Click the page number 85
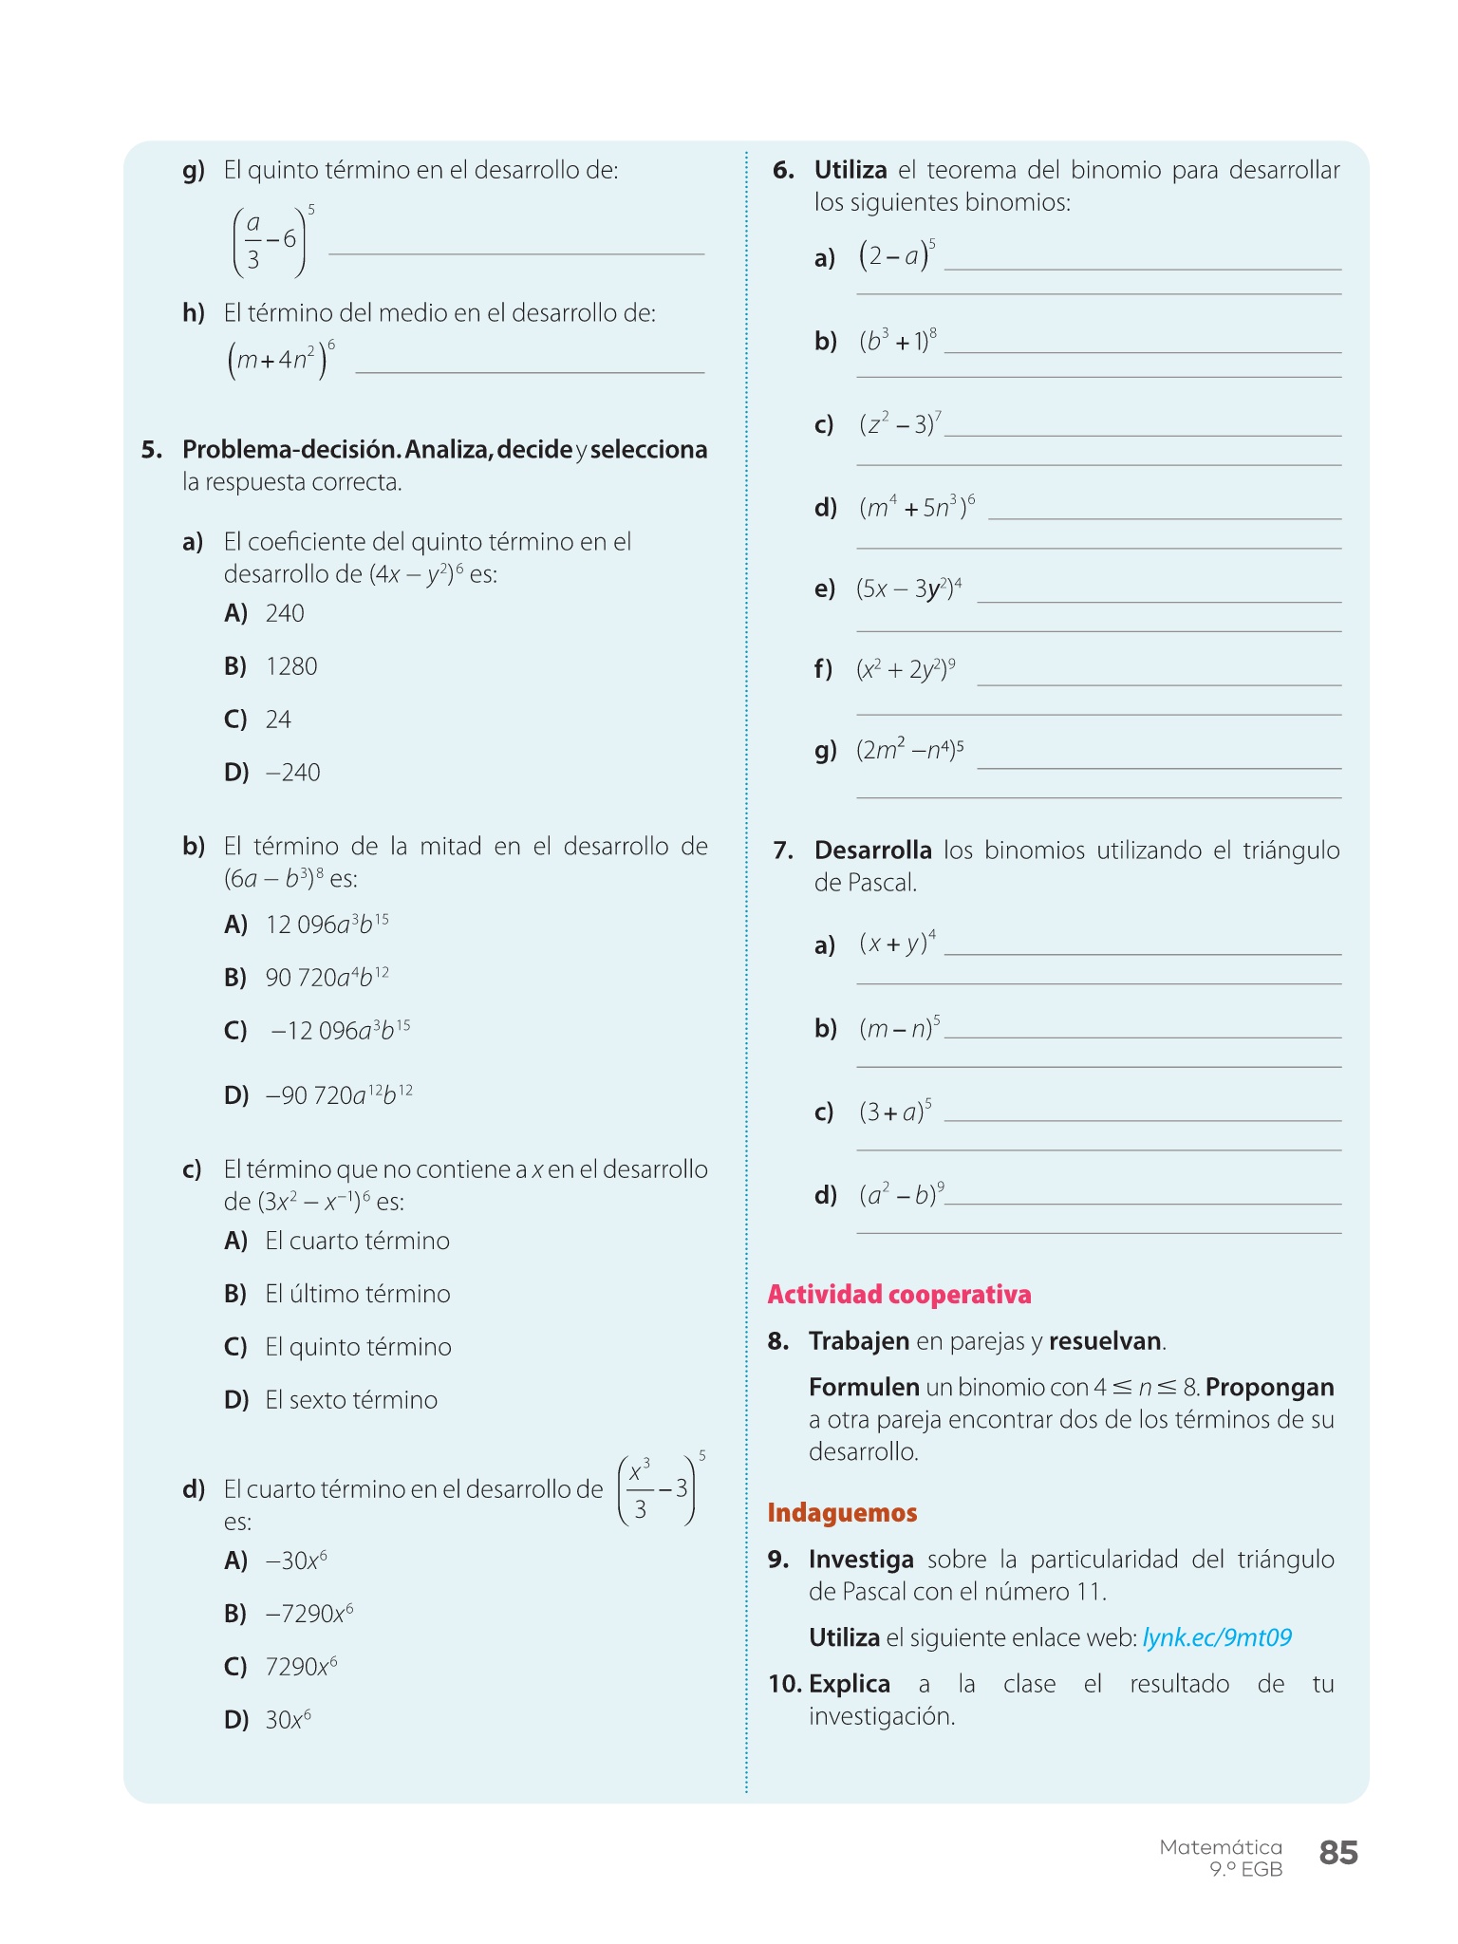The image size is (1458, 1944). tap(1338, 1852)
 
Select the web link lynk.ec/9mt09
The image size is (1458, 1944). tap(1217, 1637)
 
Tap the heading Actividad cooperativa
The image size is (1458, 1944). tap(899, 1294)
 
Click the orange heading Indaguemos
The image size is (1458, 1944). tap(842, 1512)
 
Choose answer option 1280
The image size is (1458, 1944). tap(291, 666)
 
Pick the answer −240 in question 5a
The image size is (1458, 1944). tap(294, 773)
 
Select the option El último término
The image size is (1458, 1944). tap(358, 1294)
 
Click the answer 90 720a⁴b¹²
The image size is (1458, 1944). tap(327, 977)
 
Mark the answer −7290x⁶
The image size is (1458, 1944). tap(309, 1614)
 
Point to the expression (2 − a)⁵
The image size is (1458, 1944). tap(897, 256)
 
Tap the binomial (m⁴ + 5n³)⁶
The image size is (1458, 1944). tap(917, 507)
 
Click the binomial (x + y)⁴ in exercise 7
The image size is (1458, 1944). tap(897, 944)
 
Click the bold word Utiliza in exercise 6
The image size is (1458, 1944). tap(850, 170)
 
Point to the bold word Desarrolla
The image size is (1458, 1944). tap(872, 850)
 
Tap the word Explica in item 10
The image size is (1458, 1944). tap(850, 1684)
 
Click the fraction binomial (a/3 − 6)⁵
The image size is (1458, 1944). tap(272, 240)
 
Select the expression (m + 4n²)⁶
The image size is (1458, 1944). tap(281, 360)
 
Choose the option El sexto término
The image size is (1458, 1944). tap(351, 1400)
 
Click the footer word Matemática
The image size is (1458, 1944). tap(1221, 1847)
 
